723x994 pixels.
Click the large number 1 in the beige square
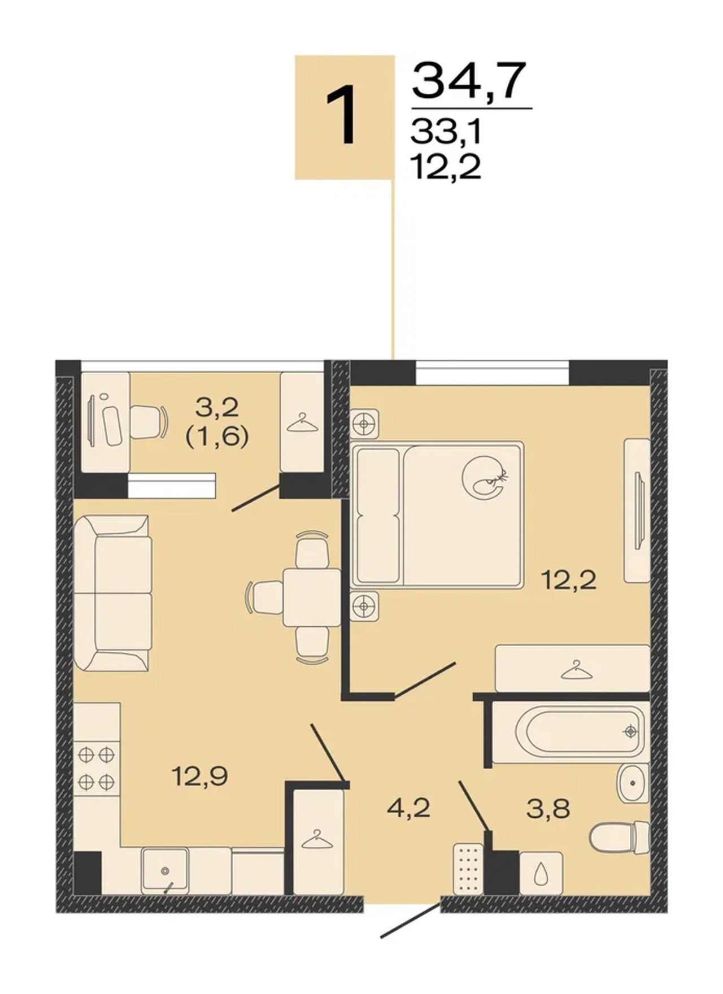pos(342,116)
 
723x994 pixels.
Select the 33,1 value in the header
pos(446,133)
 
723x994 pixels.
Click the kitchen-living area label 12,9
pos(200,778)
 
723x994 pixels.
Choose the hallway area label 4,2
pos(408,808)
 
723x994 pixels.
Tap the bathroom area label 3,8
pos(547,809)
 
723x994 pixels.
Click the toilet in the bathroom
pos(620,838)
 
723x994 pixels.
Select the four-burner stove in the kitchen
pos(97,768)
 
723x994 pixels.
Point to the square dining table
pos(312,598)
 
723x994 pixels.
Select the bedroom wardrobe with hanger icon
pos(572,668)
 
